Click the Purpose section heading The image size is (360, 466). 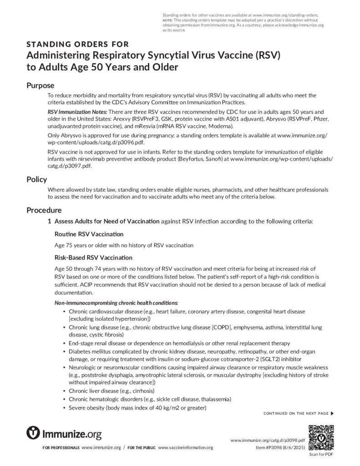tap(40, 86)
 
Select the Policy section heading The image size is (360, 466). tap(36, 179)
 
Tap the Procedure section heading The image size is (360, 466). tap(44, 210)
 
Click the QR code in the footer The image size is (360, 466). tap(321, 437)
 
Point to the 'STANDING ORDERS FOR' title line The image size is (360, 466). tap(77, 44)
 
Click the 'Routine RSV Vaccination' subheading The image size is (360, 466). tap(89, 234)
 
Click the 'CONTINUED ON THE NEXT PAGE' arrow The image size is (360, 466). tap(332, 413)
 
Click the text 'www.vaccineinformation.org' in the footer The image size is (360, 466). tap(185, 448)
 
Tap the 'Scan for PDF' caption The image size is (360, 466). tap(321, 454)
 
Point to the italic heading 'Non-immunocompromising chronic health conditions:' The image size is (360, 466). tap(116, 303)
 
